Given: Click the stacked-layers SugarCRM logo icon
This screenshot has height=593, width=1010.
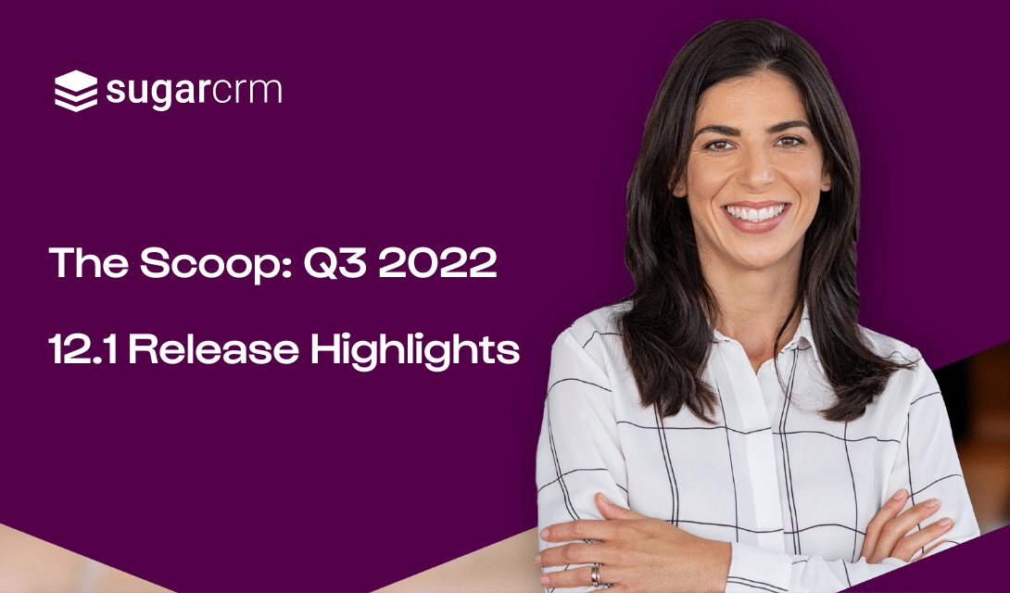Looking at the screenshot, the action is [x=76, y=91].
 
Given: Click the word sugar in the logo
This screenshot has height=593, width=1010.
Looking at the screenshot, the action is [x=149, y=92].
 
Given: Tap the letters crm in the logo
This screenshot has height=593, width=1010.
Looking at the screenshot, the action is [x=238, y=91].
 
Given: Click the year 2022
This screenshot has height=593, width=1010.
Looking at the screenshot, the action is [x=437, y=263].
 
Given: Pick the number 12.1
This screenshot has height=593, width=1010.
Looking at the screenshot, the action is [x=83, y=349].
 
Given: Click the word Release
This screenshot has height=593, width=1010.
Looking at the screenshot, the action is [x=214, y=349].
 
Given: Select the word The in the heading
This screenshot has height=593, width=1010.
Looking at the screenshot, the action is [x=88, y=263].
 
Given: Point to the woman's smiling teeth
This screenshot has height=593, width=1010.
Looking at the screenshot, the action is [x=757, y=212].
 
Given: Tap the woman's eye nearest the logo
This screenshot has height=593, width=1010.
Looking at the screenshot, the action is [x=717, y=145].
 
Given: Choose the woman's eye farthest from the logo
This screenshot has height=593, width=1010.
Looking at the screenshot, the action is [x=789, y=142].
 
